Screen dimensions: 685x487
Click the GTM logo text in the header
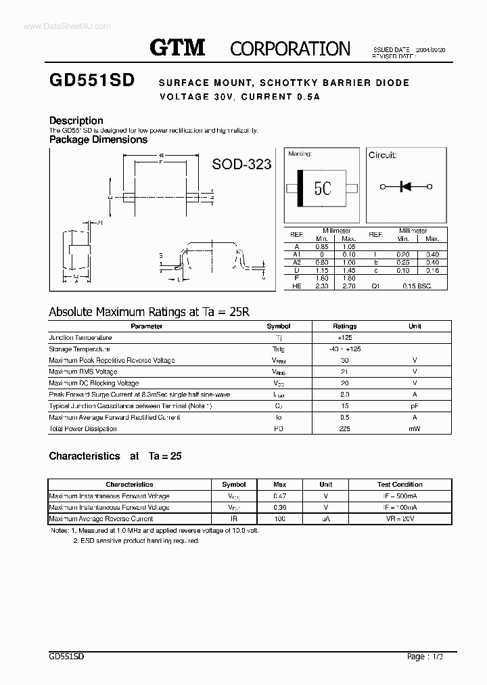[177, 47]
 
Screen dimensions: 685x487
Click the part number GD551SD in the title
[91, 81]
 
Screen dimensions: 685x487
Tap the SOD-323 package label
[241, 164]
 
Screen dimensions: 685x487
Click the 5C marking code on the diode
[323, 187]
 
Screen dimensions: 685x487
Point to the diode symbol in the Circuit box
[406, 186]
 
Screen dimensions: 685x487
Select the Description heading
[76, 120]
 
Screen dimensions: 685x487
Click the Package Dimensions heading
[98, 139]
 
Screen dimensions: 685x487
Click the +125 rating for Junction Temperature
[345, 337]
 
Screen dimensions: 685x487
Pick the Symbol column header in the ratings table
[278, 326]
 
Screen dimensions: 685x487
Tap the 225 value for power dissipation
[345, 428]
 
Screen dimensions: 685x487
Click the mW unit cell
[414, 428]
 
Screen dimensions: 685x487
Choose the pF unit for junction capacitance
[414, 405]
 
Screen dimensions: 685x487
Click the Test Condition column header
[399, 485]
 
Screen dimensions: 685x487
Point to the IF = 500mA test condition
[399, 496]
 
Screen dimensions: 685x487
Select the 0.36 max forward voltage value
[279, 507]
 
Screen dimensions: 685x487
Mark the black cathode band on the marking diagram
[300, 187]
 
